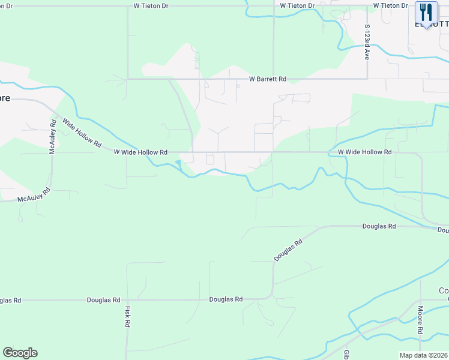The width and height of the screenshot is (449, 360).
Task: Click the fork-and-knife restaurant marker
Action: pos(426,13)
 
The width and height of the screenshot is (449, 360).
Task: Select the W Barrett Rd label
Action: pos(268,79)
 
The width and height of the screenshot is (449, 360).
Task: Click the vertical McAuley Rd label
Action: pos(53,136)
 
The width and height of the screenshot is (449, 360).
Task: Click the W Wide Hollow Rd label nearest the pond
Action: pos(140,152)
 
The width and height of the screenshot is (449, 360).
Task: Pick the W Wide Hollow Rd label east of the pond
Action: pos(364,152)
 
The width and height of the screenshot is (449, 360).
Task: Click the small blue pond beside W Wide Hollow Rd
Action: pos(178,164)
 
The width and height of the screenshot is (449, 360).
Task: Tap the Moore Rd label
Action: pos(421,320)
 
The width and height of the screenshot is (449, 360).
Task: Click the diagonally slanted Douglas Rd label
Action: pos(289,248)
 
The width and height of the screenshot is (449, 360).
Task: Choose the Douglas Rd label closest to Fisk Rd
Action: pos(103,299)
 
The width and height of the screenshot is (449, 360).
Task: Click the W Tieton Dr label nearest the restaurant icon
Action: pos(390,5)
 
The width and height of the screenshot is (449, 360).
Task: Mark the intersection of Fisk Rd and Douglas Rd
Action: pos(127,299)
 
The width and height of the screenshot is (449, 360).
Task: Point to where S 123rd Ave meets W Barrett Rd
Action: pos(367,79)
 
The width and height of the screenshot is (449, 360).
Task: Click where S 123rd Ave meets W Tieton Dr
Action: pos(367,6)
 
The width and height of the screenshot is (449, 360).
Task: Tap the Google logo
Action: pos(20,353)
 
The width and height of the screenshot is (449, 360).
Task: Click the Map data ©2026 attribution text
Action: pos(423,355)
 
